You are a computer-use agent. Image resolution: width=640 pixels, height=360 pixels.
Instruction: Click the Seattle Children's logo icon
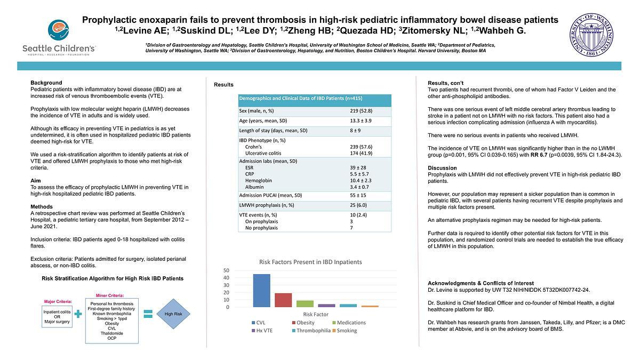[58, 30]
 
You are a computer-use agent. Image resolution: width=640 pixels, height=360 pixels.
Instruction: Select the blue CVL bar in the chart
[261, 290]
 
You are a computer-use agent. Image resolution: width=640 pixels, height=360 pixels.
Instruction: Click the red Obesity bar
[283, 300]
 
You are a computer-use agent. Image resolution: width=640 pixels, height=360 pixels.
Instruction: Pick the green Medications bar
[305, 303]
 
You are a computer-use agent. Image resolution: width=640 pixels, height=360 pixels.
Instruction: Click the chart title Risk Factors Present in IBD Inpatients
[310, 262]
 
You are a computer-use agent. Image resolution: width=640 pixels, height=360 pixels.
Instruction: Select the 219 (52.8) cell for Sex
[361, 110]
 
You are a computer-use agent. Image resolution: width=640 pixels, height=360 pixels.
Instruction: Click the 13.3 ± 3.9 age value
[361, 121]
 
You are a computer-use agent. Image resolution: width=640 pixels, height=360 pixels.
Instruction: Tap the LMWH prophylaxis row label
[265, 205]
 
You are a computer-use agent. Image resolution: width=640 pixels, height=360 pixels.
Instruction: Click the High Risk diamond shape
[173, 314]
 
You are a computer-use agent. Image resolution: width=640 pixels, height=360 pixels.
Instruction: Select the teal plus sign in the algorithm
[78, 314]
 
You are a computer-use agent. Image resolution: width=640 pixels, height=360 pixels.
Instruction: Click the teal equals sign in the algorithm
[148, 314]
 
